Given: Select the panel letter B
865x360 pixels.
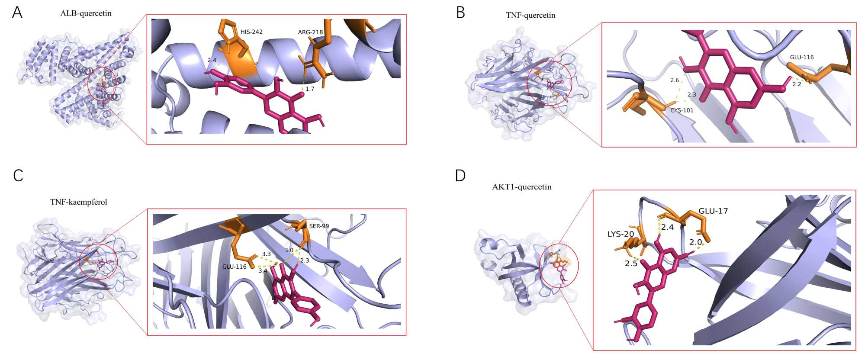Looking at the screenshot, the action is (x=461, y=13).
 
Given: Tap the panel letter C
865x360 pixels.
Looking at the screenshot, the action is (x=18, y=175).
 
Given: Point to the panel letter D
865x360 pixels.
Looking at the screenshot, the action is (x=460, y=175).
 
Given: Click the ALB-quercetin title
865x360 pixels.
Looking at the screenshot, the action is (x=86, y=13).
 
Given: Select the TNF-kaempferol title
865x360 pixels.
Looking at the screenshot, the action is (x=79, y=202).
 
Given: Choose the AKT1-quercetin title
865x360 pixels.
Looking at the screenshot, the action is (x=521, y=187).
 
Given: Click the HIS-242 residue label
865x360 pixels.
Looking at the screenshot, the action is (x=251, y=32).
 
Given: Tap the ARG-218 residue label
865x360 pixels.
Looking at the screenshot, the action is (x=310, y=32).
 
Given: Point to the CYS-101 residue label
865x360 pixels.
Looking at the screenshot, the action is (x=682, y=110).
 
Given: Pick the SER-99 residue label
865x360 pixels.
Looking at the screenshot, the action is (x=319, y=226).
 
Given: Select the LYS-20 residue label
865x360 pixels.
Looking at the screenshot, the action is (x=621, y=234).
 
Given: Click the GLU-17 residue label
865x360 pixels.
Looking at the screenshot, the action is (x=713, y=211).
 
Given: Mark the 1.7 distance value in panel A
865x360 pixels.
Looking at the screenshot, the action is (x=310, y=89).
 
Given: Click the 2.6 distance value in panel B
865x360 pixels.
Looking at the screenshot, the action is (x=675, y=80).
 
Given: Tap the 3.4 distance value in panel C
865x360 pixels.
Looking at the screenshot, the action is (x=263, y=270).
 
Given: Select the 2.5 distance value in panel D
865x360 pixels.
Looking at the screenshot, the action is (x=631, y=263).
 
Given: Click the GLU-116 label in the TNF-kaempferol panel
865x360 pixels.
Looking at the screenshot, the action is (x=235, y=267).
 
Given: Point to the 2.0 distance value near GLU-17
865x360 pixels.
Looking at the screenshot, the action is (x=695, y=242).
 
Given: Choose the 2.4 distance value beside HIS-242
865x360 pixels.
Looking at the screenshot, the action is (x=212, y=60).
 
